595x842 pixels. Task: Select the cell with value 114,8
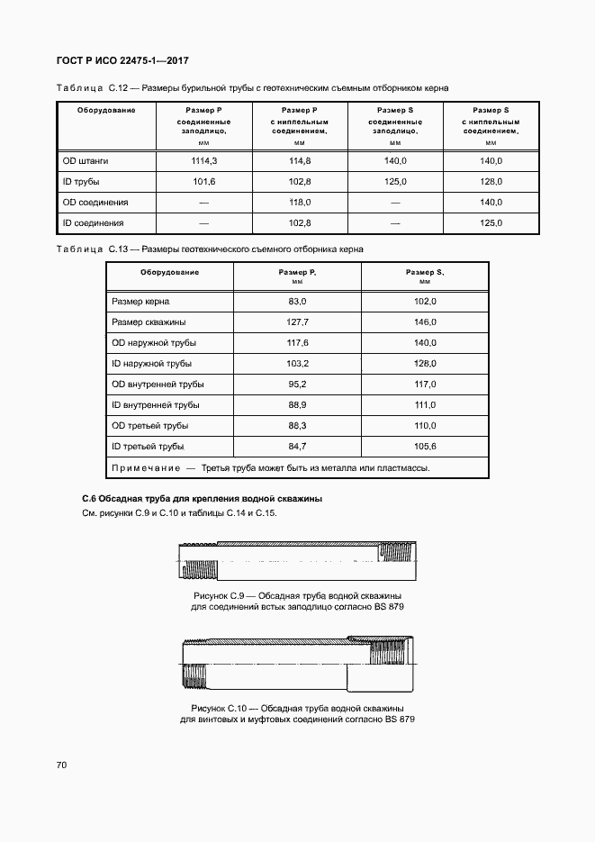coord(300,160)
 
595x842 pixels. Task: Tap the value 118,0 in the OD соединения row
coord(300,203)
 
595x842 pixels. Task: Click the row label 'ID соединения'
coord(93,223)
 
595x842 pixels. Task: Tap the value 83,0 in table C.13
coord(298,301)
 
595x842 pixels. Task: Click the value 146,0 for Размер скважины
coord(425,321)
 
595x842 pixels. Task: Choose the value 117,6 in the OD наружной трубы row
coord(298,342)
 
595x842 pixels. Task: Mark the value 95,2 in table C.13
coord(298,384)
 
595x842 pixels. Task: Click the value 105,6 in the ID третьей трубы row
coord(425,446)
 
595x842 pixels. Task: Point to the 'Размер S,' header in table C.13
coord(425,272)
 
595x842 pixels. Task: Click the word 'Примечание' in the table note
coord(142,468)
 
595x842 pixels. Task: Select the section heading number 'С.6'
coord(88,498)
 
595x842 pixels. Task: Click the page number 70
coord(61,765)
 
